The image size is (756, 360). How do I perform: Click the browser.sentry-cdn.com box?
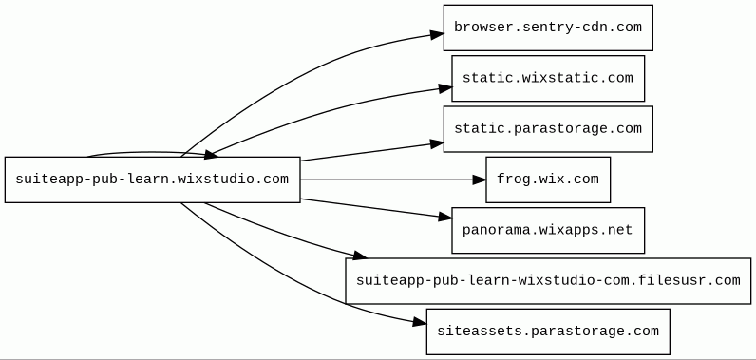coord(548,28)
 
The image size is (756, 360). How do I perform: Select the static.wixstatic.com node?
coord(548,79)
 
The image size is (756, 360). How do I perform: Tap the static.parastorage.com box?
coord(548,129)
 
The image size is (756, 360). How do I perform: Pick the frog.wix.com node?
coord(548,180)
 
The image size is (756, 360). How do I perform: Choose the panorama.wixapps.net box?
coord(548,231)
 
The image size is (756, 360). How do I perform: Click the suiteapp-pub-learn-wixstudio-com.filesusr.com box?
coord(548,281)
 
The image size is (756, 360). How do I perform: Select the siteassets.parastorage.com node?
coord(548,332)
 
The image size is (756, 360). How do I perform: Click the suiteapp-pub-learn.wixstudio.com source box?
coord(153,180)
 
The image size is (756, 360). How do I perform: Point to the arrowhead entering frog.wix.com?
coord(480,180)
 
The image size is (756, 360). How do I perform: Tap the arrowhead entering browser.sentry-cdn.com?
coord(437,34)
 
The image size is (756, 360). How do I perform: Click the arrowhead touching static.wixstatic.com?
coord(445,88)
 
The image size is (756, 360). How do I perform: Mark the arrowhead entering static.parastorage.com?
coord(437,143)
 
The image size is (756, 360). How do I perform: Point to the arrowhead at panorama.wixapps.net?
coord(445,217)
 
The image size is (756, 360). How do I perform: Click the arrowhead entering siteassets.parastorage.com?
coord(420,322)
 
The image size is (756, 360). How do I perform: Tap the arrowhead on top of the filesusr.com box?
coord(360,255)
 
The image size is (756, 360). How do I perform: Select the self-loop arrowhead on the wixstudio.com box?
coord(211,154)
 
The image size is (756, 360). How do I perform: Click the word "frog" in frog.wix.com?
coord(509,180)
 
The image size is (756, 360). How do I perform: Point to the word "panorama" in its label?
coord(484,230)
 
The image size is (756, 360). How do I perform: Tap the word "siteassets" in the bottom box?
coord(464,332)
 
